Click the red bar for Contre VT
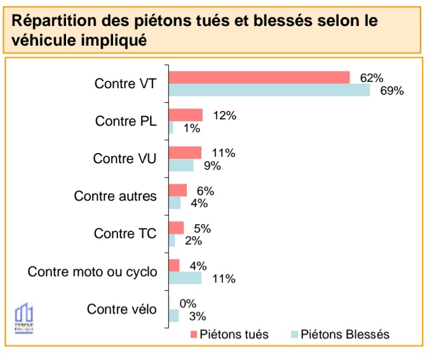click(259, 77)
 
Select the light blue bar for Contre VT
click(269, 90)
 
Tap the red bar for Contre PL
click(186, 115)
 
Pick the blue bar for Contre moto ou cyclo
click(185, 278)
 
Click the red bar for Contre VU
click(185, 153)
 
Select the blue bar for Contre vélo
click(173, 316)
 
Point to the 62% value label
click(371, 77)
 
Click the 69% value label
click(392, 90)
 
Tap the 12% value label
click(224, 116)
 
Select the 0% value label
click(188, 303)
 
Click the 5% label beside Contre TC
click(202, 229)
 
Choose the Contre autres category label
click(115, 196)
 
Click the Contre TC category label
click(125, 234)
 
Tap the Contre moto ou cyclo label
click(92, 272)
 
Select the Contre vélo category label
click(121, 309)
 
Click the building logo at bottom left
click(24, 316)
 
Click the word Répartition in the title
click(51, 20)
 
